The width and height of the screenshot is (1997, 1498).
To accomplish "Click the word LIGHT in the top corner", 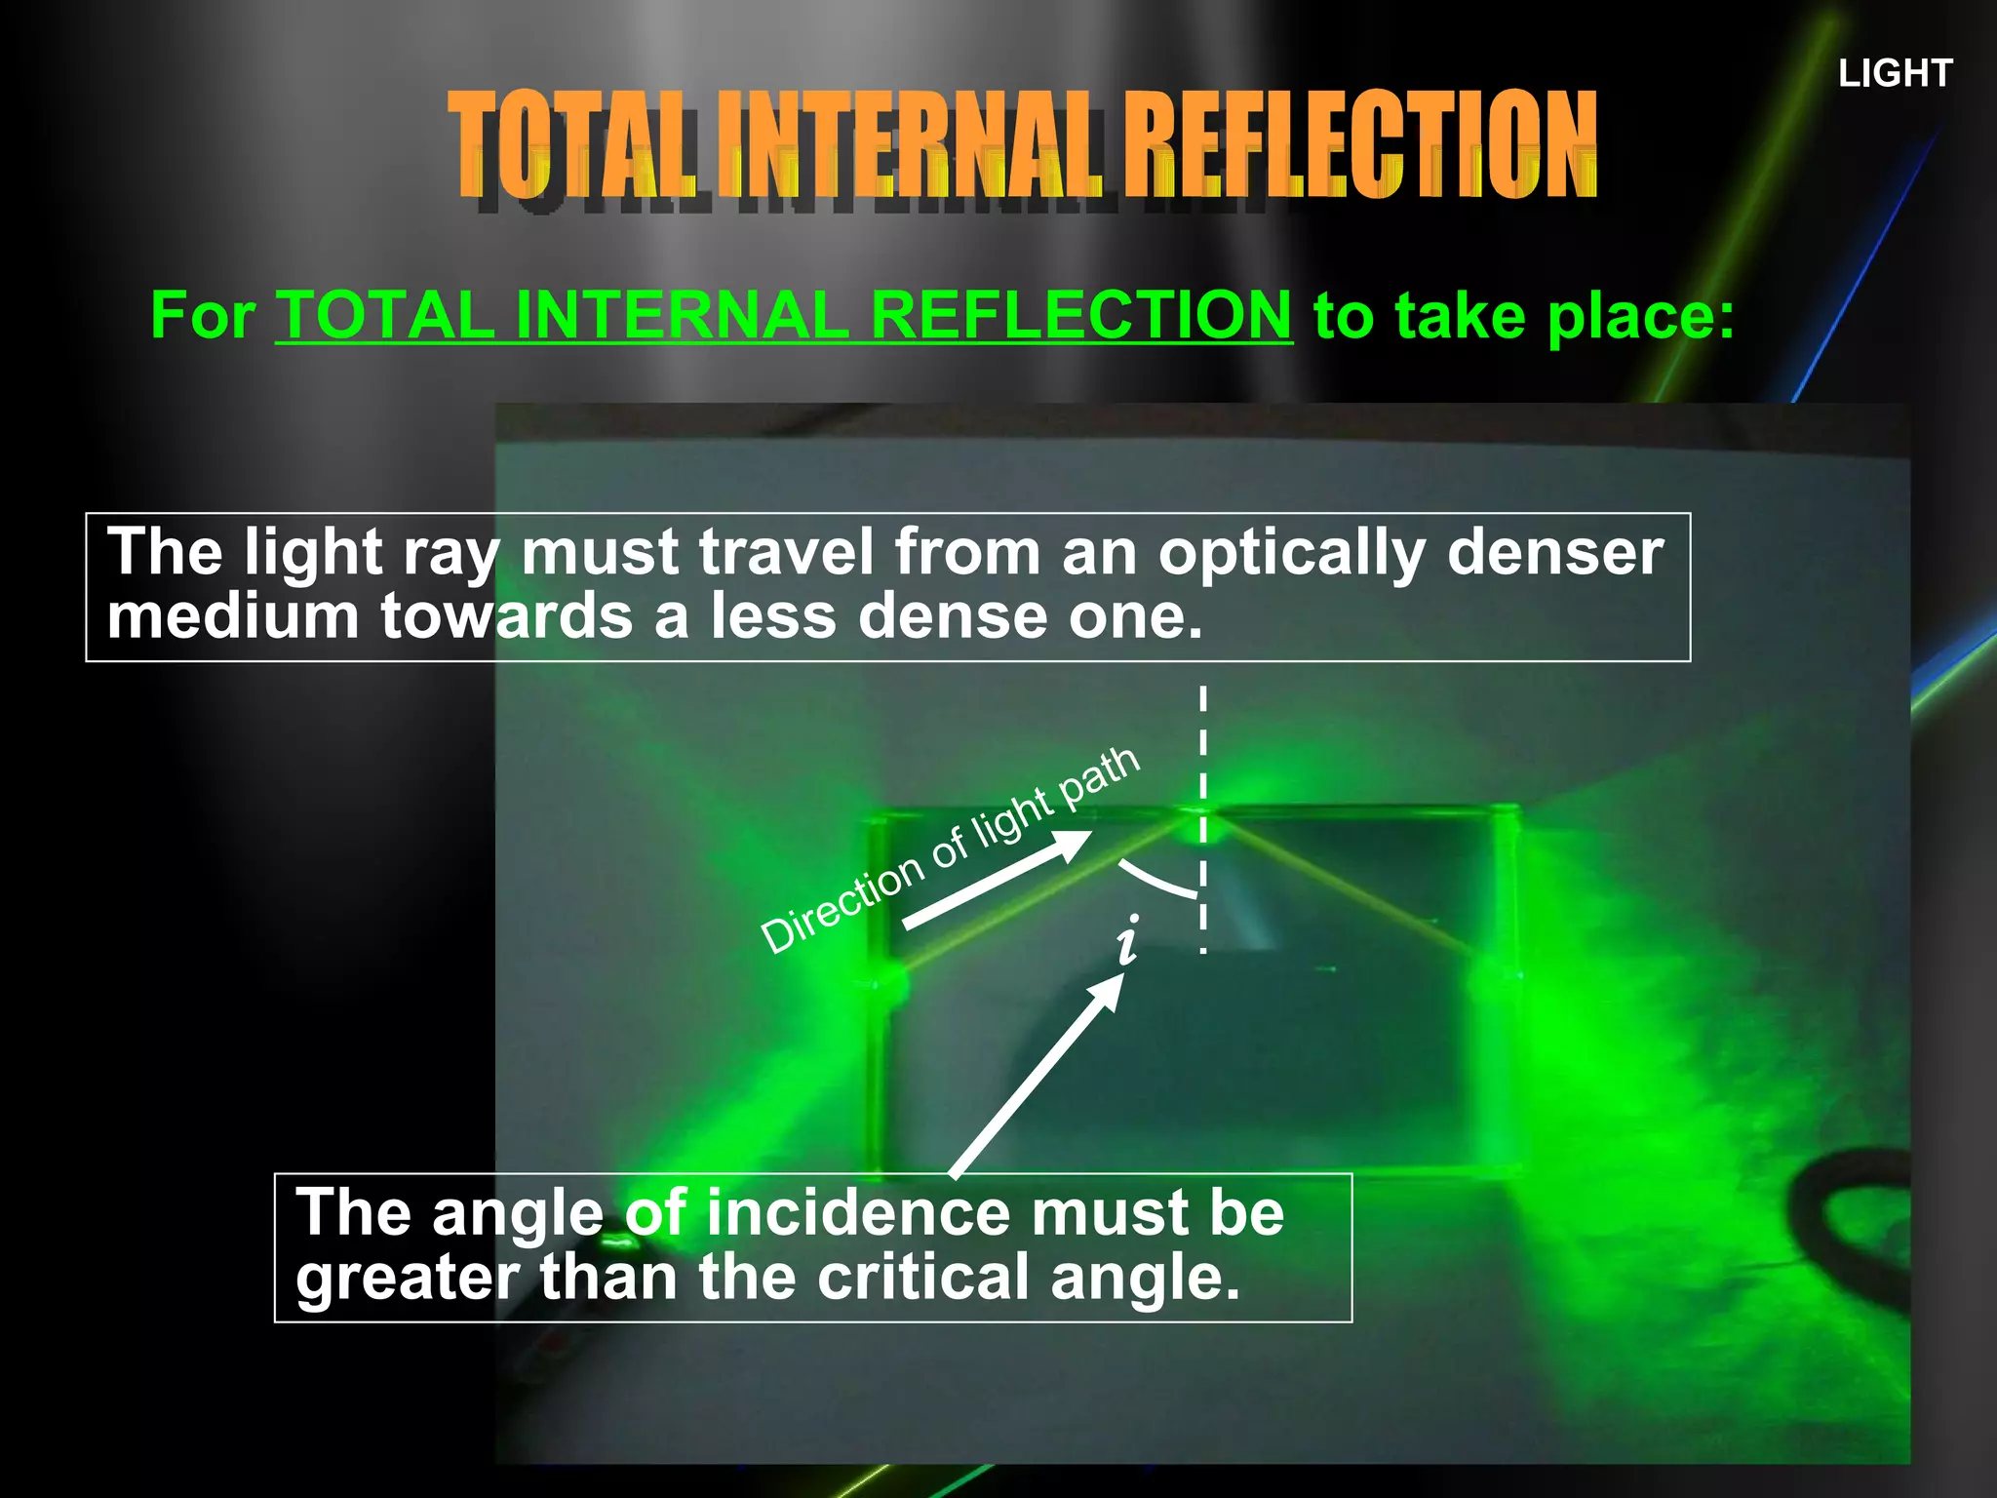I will click(1895, 73).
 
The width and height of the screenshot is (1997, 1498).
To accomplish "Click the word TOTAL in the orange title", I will click(572, 144).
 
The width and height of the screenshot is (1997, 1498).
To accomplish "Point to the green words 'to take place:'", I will click(1524, 317).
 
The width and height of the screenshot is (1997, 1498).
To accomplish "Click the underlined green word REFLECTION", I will click(1080, 315).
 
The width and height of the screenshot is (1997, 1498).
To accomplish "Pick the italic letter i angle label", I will click(1128, 941).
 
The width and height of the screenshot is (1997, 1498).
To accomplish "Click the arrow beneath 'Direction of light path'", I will click(997, 879).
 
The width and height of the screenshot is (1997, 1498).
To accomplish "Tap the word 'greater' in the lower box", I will click(410, 1278).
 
